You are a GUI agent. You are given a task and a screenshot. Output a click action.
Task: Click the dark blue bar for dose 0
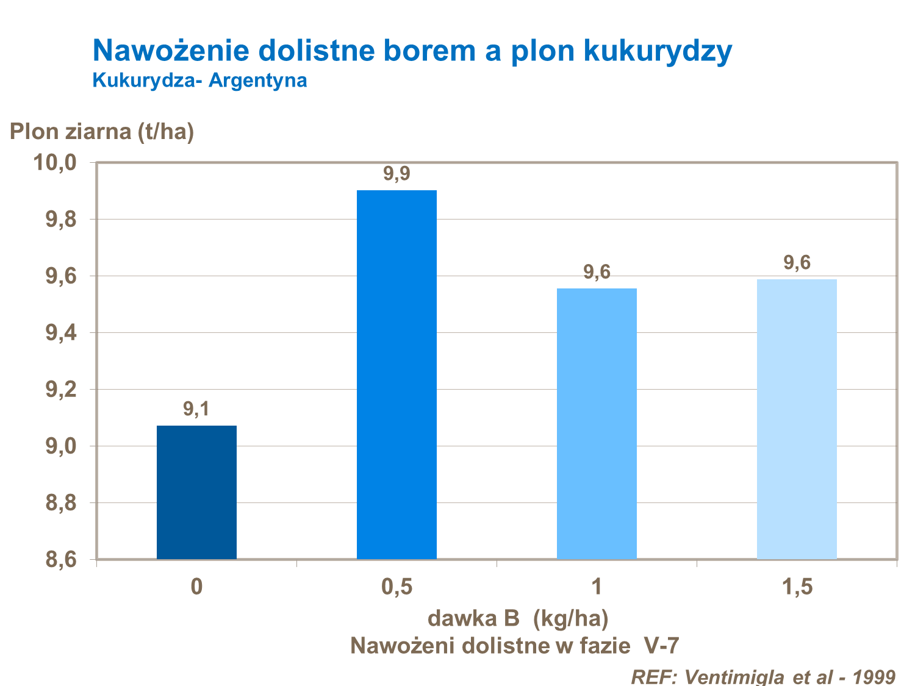click(196, 492)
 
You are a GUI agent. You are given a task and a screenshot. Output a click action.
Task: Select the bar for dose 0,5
click(396, 374)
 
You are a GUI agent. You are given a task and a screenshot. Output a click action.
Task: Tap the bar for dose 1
click(597, 423)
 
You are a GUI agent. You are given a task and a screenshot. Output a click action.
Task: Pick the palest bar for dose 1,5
click(797, 419)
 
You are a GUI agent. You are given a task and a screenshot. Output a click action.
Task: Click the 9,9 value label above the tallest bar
click(396, 174)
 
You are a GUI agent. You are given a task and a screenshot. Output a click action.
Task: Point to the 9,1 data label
click(196, 409)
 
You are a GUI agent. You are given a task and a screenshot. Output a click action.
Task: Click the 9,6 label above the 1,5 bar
click(797, 263)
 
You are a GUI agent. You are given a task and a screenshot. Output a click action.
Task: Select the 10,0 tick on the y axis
click(54, 163)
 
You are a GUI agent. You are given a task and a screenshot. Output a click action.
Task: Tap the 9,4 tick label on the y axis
click(60, 333)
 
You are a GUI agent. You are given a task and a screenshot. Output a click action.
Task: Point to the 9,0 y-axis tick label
click(60, 446)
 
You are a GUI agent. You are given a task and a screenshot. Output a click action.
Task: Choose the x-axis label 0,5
click(396, 587)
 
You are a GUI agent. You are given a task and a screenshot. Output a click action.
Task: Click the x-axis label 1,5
click(797, 587)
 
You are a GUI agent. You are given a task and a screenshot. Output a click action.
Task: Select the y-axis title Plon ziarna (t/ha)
click(102, 131)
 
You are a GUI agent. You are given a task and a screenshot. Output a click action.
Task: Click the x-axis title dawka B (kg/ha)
click(518, 618)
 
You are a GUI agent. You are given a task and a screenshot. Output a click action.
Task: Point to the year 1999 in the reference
click(874, 676)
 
